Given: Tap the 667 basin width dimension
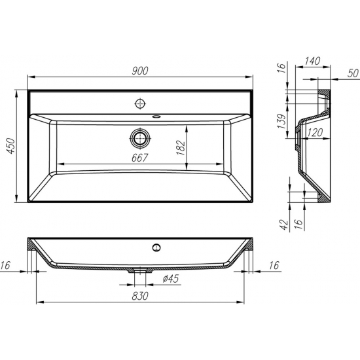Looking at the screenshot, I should coord(139,158).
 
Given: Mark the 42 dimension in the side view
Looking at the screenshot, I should coord(283,225).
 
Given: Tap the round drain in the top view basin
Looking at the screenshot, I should coord(139,138).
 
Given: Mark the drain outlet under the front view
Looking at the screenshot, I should coord(139,269).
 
